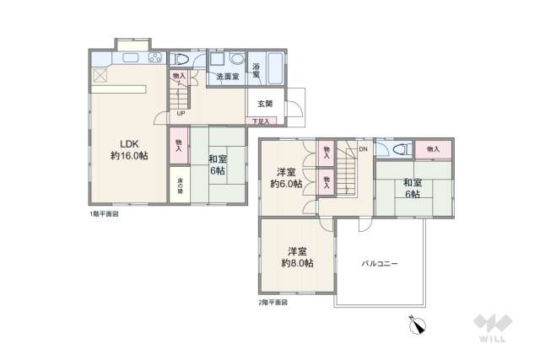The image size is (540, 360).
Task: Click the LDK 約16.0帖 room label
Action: (x=129, y=148)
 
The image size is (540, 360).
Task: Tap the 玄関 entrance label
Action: (x=264, y=104)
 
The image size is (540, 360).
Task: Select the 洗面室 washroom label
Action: (x=227, y=77)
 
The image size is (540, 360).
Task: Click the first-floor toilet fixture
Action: (x=181, y=60)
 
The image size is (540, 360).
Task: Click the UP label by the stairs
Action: (x=181, y=114)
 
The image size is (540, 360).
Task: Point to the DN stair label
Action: (x=362, y=149)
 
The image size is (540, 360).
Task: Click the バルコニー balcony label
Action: (x=380, y=263)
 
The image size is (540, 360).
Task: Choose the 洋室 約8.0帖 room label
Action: (x=296, y=257)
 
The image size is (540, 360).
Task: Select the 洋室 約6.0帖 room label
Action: (x=286, y=178)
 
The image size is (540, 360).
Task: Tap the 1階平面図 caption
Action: (x=103, y=215)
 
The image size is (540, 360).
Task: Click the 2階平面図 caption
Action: (x=273, y=301)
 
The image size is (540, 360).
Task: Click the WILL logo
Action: (x=489, y=328)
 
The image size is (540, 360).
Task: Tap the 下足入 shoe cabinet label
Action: (x=262, y=121)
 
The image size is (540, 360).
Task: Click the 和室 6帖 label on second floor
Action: (x=412, y=188)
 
